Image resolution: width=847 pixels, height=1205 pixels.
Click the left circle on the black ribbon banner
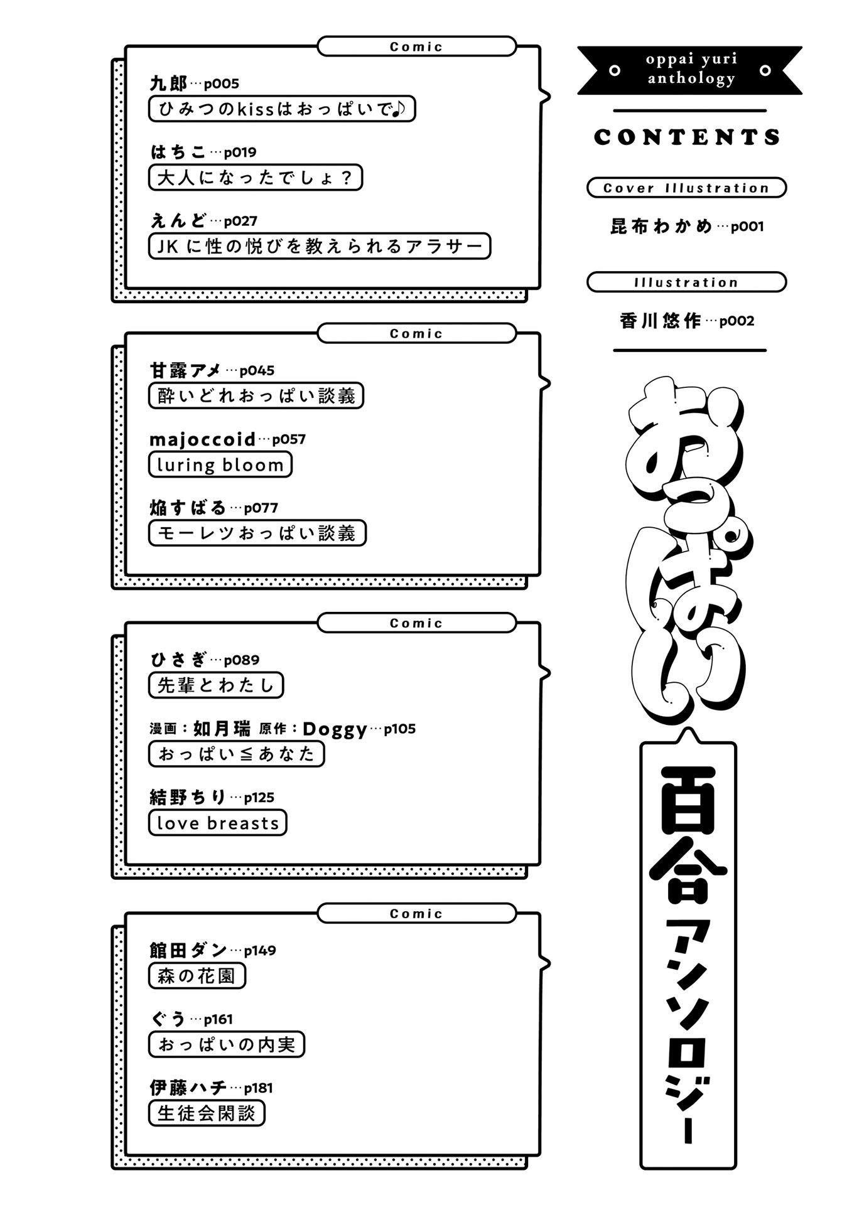pos(615,70)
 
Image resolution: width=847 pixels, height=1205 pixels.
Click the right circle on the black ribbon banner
pos(765,70)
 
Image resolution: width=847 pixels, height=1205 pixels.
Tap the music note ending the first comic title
pos(399,109)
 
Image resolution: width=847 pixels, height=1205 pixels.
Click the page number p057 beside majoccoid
pos(289,439)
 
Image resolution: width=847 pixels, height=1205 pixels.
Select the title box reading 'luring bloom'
pos(220,464)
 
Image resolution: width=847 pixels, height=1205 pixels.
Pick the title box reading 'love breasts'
pos(217,822)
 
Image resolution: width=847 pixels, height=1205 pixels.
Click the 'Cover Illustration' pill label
pos(686,188)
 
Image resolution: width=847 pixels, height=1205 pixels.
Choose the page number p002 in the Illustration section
pos(736,321)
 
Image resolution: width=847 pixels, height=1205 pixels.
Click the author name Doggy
pos(335,729)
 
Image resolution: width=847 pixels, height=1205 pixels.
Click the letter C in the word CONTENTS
pos(603,137)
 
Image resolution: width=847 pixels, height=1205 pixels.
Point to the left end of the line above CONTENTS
pos(614,111)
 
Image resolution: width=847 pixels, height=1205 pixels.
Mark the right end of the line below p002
pos(766,350)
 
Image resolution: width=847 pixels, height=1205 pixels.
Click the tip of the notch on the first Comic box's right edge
pos(550,97)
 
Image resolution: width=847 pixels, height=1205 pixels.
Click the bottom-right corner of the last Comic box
pos(540,1155)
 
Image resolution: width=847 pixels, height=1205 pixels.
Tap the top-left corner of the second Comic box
pos(125,333)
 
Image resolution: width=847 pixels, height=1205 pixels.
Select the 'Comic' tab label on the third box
pos(416,623)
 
